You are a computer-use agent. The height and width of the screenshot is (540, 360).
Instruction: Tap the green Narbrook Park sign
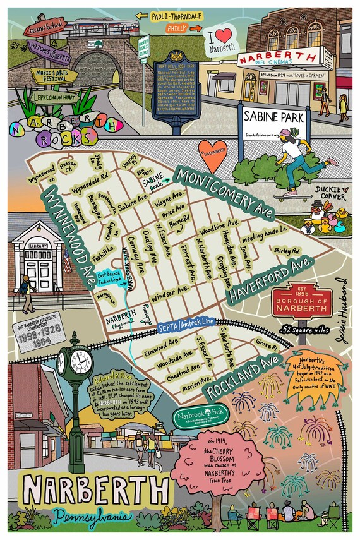coord(193,419)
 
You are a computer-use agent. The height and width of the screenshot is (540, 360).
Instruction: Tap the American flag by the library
coord(67,260)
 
